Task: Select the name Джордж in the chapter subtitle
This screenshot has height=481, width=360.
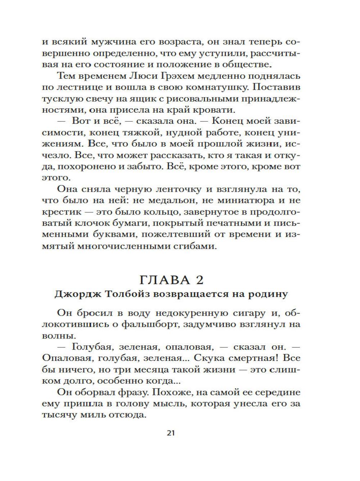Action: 75,294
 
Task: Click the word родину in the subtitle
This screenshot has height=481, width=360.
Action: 268,294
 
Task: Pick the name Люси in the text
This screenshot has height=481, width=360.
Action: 146,76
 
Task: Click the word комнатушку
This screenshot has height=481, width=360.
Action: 216,87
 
